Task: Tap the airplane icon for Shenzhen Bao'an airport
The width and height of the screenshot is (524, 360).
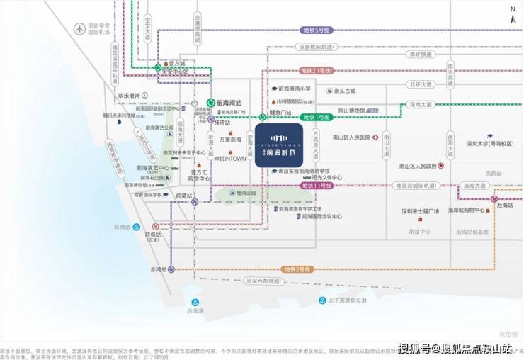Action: [79, 29]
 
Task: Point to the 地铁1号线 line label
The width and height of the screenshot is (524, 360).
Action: [316, 116]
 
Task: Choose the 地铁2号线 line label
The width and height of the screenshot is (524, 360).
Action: [297, 269]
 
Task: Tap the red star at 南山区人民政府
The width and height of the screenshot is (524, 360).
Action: [441, 166]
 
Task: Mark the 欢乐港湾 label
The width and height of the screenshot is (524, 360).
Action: [131, 94]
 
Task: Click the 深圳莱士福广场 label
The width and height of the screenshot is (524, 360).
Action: [420, 211]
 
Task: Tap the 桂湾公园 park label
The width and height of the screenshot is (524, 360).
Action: [246, 193]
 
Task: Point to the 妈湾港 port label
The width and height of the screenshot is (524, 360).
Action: [123, 227]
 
